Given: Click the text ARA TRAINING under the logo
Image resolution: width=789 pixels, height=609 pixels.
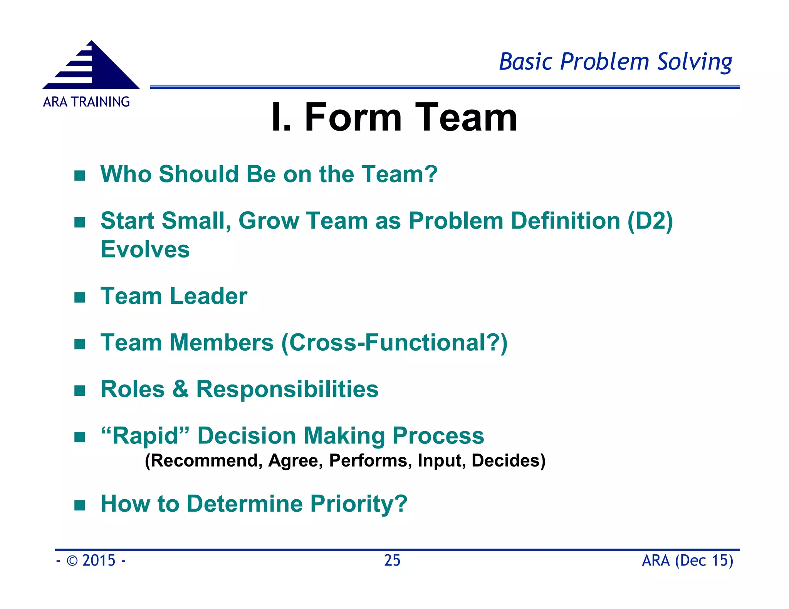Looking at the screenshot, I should [x=86, y=102].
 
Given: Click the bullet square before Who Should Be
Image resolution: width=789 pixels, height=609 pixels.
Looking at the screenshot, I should [x=80, y=176].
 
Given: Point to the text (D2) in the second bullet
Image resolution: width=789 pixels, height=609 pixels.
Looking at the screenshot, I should [x=650, y=221].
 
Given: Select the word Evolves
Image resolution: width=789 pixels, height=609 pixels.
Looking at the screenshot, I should [x=145, y=249].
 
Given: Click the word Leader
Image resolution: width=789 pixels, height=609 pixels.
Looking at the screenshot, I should [x=208, y=296].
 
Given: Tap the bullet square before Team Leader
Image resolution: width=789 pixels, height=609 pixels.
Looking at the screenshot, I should [x=80, y=297].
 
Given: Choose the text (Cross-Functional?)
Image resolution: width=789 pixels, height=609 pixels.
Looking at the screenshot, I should [x=394, y=343].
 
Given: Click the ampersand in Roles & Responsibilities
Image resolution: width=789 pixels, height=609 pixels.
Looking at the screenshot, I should [x=180, y=389].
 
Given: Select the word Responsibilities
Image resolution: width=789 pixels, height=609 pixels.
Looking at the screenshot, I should [x=287, y=389].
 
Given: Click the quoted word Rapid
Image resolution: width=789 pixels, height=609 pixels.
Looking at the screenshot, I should [x=145, y=436].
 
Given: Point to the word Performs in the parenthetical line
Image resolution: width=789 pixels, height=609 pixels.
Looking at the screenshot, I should [x=370, y=461].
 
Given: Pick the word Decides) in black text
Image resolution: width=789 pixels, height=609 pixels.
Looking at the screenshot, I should [x=508, y=461].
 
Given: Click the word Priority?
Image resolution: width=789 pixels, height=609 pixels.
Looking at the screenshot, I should [x=359, y=504].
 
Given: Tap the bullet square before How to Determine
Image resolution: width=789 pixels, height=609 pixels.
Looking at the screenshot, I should [x=80, y=505].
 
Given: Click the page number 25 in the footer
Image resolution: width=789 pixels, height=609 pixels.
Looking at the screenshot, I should [x=392, y=560].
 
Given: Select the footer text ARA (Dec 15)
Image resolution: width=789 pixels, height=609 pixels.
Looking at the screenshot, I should [x=687, y=560].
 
